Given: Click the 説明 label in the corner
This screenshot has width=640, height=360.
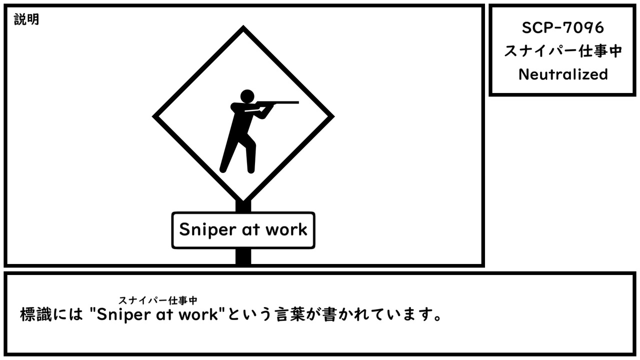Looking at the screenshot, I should (26, 20).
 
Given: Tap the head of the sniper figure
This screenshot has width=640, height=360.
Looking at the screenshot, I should (247, 96).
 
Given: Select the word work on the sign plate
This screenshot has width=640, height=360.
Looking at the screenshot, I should (286, 229).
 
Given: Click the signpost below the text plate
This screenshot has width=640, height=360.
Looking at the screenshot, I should (243, 256).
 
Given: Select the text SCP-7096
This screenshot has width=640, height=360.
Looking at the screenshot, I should (563, 28).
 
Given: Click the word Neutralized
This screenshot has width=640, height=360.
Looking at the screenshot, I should (563, 74).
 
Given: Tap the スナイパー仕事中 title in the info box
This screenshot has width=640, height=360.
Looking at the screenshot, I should (563, 51).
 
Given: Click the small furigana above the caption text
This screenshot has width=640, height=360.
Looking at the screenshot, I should (157, 300).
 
